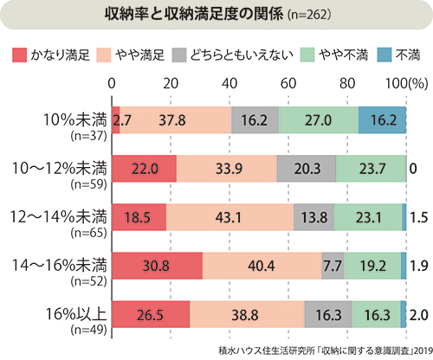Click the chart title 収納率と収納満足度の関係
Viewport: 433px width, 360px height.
(194, 15)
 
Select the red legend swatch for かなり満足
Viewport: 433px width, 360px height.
(20, 55)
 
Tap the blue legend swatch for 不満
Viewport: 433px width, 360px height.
(385, 55)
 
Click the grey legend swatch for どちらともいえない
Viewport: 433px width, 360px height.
(179, 55)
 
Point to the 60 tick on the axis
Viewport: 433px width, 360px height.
(288, 84)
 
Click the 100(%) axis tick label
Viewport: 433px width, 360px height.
(407, 84)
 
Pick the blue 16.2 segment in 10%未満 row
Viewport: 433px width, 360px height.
(383, 120)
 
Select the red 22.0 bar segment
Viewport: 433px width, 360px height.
(145, 169)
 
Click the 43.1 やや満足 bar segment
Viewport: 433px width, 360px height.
(230, 217)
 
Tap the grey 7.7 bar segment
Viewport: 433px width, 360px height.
(333, 266)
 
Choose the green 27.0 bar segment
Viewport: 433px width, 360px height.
(319, 120)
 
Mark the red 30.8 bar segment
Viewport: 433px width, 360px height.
(158, 266)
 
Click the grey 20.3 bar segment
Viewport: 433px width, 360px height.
(307, 169)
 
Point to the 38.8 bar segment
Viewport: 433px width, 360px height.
(248, 314)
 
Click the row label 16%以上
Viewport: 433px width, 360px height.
(76, 314)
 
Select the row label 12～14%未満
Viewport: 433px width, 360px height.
(59, 217)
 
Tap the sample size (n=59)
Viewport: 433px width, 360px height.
(89, 184)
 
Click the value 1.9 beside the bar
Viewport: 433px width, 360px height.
(419, 266)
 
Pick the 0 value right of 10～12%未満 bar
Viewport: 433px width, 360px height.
(413, 169)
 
